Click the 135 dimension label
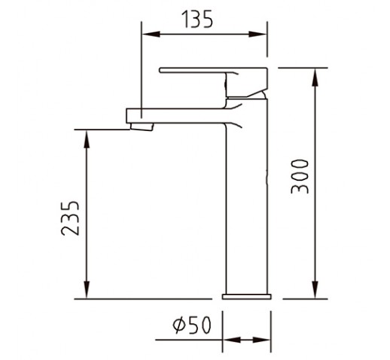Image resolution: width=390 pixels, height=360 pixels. pos(198,19)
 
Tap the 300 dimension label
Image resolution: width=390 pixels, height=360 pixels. pos(300,176)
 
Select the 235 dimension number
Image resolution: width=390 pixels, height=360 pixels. pos(70,218)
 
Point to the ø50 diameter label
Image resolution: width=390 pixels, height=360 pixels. pos(192,325)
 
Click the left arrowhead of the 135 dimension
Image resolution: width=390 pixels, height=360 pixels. pos(151,34)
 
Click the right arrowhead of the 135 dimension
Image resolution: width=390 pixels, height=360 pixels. pos(257,34)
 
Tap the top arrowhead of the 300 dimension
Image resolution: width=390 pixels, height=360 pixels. pos(315,78)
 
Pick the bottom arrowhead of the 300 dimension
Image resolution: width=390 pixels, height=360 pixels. pos(315,290)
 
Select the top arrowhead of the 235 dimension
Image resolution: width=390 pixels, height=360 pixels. pos(87,139)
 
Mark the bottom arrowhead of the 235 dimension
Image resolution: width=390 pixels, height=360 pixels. pos(87,290)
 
